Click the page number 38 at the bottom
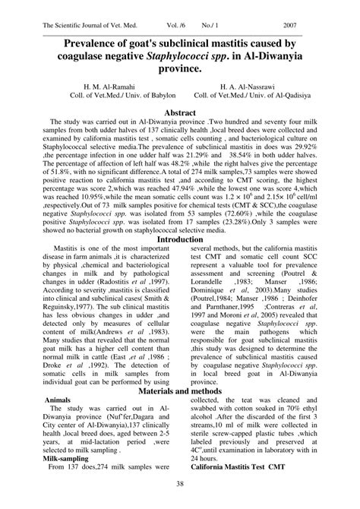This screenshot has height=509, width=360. [180, 484]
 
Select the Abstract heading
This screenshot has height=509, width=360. [180, 112]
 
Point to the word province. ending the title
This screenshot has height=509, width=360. [180, 68]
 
